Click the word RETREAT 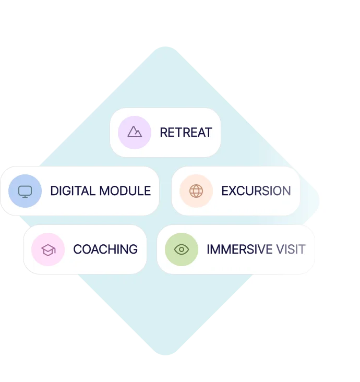186,133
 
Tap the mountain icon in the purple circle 135,132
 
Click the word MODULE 125,191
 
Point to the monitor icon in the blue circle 25,191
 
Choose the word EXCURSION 256,191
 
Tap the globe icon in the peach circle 196,191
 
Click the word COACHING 105,249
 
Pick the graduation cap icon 48,250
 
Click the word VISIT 291,249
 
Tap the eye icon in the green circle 181,249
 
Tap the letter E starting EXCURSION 225,191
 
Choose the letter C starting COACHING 77,249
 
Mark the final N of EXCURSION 286,191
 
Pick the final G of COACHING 134,249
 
